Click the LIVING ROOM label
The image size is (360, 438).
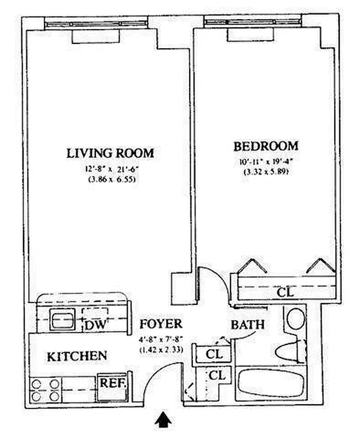coord(110,153)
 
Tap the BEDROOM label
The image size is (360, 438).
coord(266,146)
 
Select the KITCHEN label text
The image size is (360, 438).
coord(77,356)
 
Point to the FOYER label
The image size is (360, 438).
coord(161,324)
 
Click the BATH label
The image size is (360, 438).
coord(247,325)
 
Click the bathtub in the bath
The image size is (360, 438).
coord(271,384)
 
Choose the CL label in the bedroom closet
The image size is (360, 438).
coord(285,293)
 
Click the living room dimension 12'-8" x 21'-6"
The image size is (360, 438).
coord(110,169)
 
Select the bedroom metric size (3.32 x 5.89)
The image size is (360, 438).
coord(266,172)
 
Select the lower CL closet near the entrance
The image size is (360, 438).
coord(218,376)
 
